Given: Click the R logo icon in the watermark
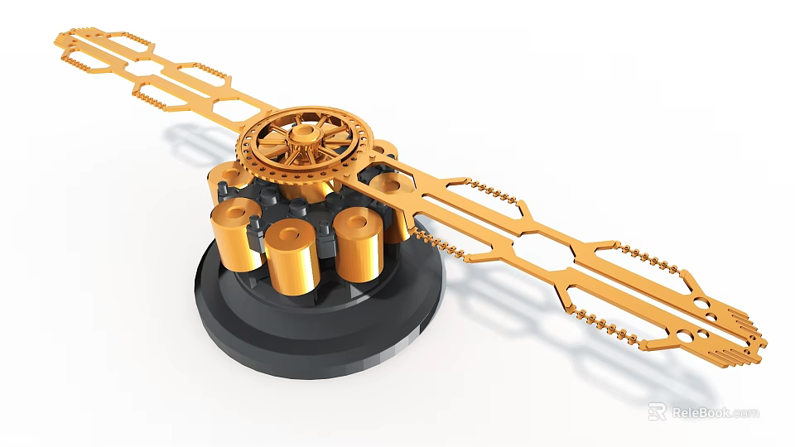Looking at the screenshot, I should (x=657, y=411).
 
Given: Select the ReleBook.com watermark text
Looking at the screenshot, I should (x=715, y=412).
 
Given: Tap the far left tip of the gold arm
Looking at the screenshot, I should (x=60, y=37).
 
